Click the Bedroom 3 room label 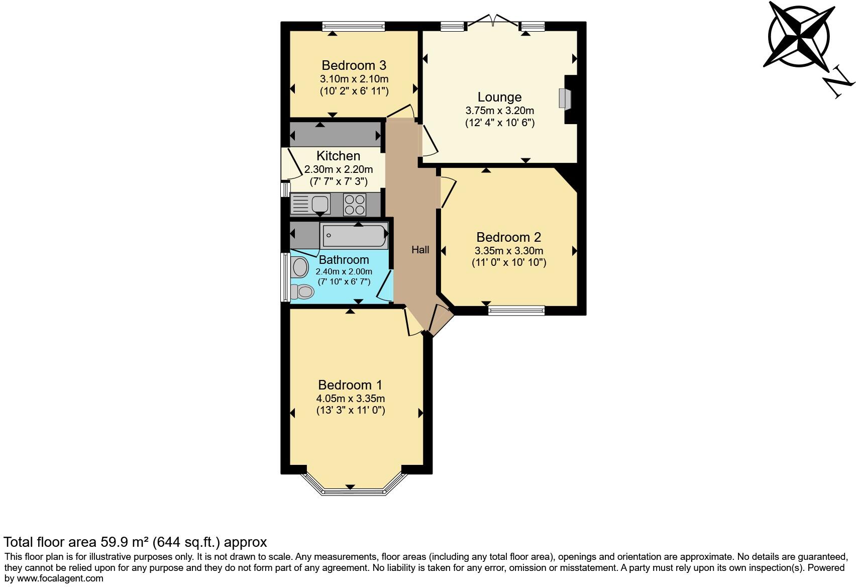point(354,65)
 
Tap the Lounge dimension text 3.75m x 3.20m point(499,111)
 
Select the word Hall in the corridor point(420,250)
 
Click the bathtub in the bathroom point(355,235)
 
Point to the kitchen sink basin point(320,204)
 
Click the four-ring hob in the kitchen point(355,204)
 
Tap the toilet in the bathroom point(303,291)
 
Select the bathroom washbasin point(300,267)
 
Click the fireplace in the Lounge point(563,99)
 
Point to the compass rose point(798,35)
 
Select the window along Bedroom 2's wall point(516,311)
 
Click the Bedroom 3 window point(354,26)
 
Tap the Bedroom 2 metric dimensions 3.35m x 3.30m point(508,250)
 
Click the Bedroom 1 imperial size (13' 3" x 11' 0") point(350,410)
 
